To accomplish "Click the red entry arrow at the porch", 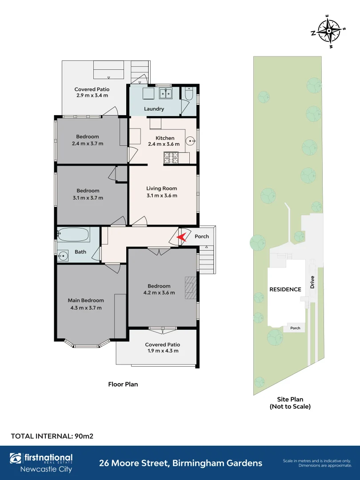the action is point(182,237).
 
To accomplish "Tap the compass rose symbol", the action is point(328,31).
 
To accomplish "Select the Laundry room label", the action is point(154,109).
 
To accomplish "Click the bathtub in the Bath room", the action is point(74,235).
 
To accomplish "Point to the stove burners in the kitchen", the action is point(171,158).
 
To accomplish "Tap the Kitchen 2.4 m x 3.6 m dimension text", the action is point(164,144).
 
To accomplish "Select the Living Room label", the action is point(162,188).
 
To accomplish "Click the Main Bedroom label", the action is point(86,300).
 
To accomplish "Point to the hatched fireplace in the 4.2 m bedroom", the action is point(190,288).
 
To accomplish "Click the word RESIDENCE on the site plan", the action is point(285,289).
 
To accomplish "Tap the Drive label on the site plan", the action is point(312,282).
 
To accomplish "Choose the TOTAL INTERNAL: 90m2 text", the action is point(52,436).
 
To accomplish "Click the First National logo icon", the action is point(16,458).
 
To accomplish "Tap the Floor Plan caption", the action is point(123,384).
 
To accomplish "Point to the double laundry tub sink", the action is point(166,93).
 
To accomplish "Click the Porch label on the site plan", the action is point(295,328).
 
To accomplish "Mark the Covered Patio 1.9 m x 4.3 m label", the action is point(163,348).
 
